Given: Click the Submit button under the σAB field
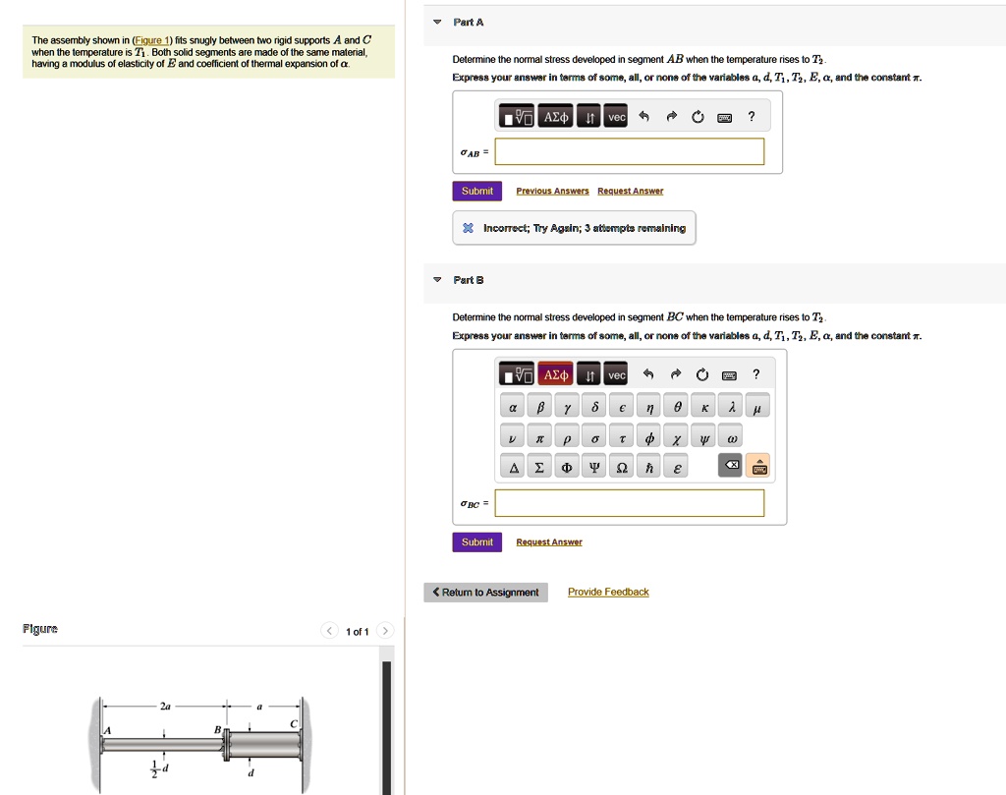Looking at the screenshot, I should (476, 191).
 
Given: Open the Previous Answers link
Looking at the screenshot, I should (552, 191).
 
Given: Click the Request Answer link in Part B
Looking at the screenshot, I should (549, 542).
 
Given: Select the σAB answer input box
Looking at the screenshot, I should (629, 151).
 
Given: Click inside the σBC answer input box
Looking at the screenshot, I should (629, 503).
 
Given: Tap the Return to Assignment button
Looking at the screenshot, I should (485, 593).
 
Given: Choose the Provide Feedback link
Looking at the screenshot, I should (608, 592).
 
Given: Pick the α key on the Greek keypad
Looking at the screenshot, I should (512, 407).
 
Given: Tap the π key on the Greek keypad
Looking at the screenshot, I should (539, 436).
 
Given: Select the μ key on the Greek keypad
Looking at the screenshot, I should (757, 407).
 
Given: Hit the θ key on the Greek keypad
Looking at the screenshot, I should (677, 407).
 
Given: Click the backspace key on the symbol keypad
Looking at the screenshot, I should (731, 465).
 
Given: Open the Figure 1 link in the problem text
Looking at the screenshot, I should (157, 40).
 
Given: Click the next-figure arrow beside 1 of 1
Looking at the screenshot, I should (386, 631).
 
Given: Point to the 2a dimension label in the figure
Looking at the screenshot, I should (166, 707).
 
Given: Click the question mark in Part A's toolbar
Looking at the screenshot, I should (752, 117).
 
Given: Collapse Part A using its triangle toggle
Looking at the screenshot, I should (437, 22).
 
